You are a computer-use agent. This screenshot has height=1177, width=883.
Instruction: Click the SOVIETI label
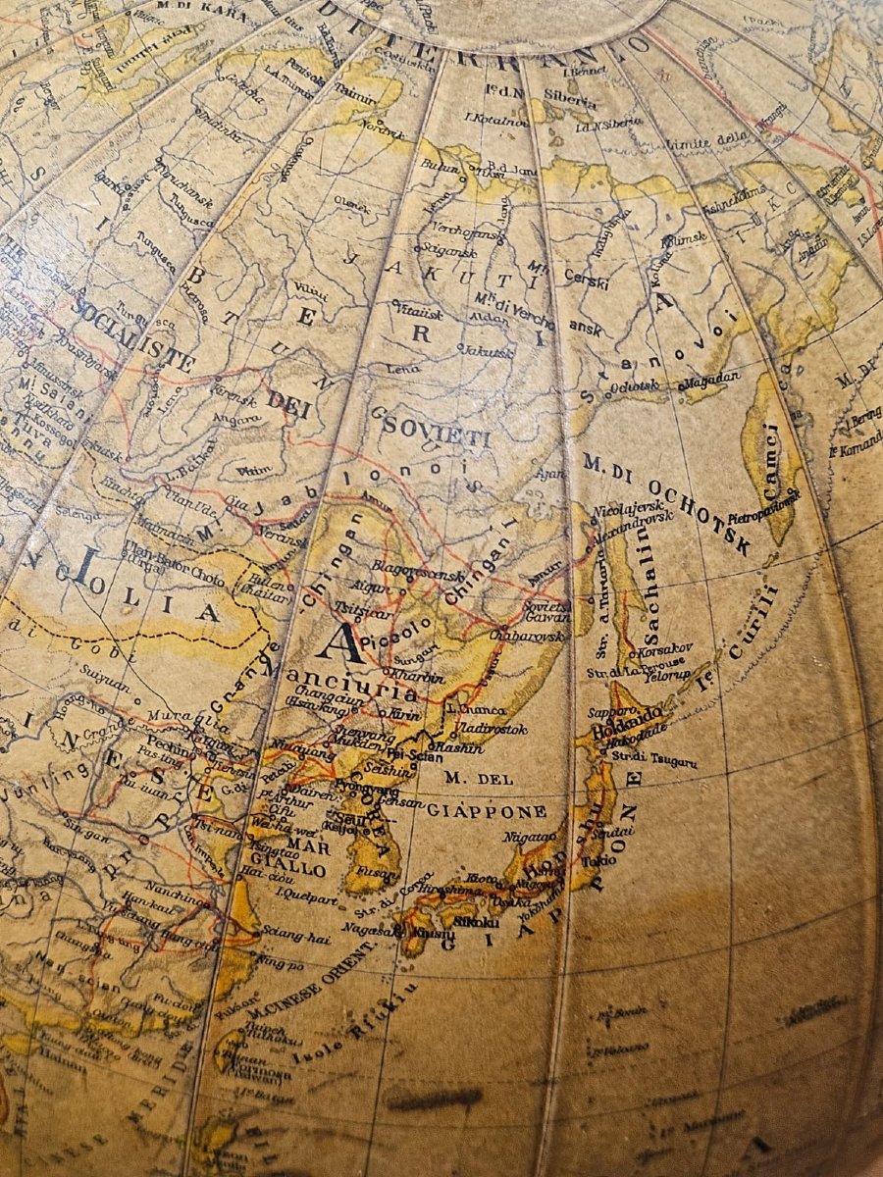pos(436,431)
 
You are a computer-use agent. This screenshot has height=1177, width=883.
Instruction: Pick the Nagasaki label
pos(369,929)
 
